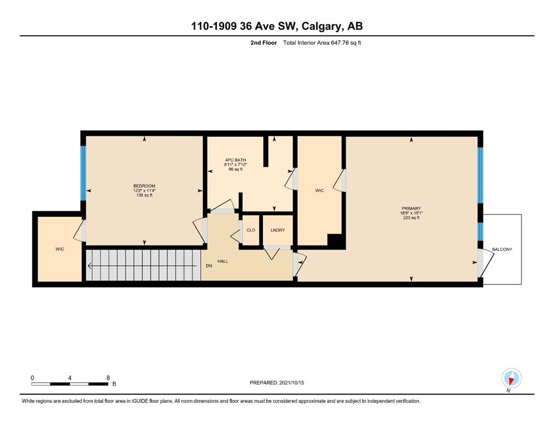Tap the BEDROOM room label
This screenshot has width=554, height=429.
coord(144,186)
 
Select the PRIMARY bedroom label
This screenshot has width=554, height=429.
coord(411,209)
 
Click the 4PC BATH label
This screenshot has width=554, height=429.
coord(235,160)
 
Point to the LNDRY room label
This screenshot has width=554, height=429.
coord(278,230)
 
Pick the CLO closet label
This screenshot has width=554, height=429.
coord(251,230)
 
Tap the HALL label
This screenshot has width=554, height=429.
coord(223,261)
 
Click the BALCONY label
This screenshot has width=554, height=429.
coord(502,249)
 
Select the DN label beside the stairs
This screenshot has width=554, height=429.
coord(209,266)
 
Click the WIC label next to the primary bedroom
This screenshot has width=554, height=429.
coord(319,190)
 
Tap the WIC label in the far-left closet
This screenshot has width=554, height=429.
coord(60,249)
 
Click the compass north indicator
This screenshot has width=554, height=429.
coord(511,379)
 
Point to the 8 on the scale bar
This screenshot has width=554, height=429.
coord(108,378)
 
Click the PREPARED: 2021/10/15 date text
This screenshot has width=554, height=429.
coord(277,383)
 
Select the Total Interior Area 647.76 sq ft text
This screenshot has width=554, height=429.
coord(322,43)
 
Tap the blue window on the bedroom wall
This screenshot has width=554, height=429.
coord(83,173)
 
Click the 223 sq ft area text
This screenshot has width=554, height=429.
coord(411,218)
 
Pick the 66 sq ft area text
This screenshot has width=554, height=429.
coord(235,169)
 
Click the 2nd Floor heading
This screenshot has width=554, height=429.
coord(263,43)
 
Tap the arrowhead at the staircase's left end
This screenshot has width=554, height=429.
coord(90,265)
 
